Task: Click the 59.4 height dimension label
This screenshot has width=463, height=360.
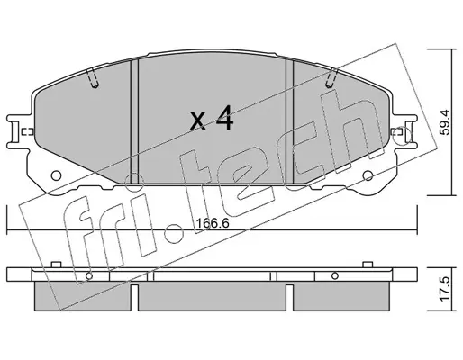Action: pyautogui.click(x=446, y=122)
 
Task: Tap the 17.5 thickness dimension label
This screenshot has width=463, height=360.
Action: pyautogui.click(x=446, y=289)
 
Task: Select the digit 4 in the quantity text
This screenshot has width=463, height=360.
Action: pyautogui.click(x=224, y=118)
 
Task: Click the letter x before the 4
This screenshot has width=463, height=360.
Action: pyautogui.click(x=199, y=121)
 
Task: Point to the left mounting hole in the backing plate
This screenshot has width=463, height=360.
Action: pyautogui.click(x=56, y=175)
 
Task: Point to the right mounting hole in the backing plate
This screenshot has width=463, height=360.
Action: pyautogui.click(x=368, y=175)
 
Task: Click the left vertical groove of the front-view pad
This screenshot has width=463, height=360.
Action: pyautogui.click(x=134, y=121)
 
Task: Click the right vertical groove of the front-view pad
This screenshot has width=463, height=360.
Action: pyautogui.click(x=289, y=121)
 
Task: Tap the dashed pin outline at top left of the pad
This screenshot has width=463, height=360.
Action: pyautogui.click(x=93, y=78)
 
